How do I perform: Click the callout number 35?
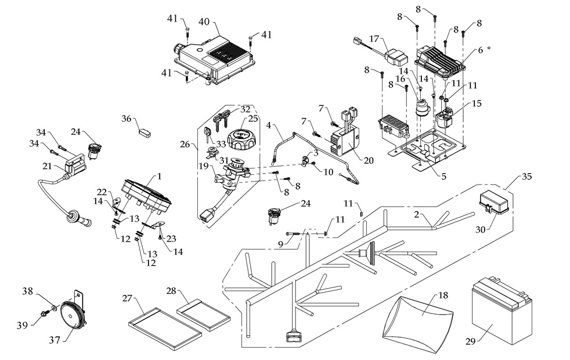click(526, 176)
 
